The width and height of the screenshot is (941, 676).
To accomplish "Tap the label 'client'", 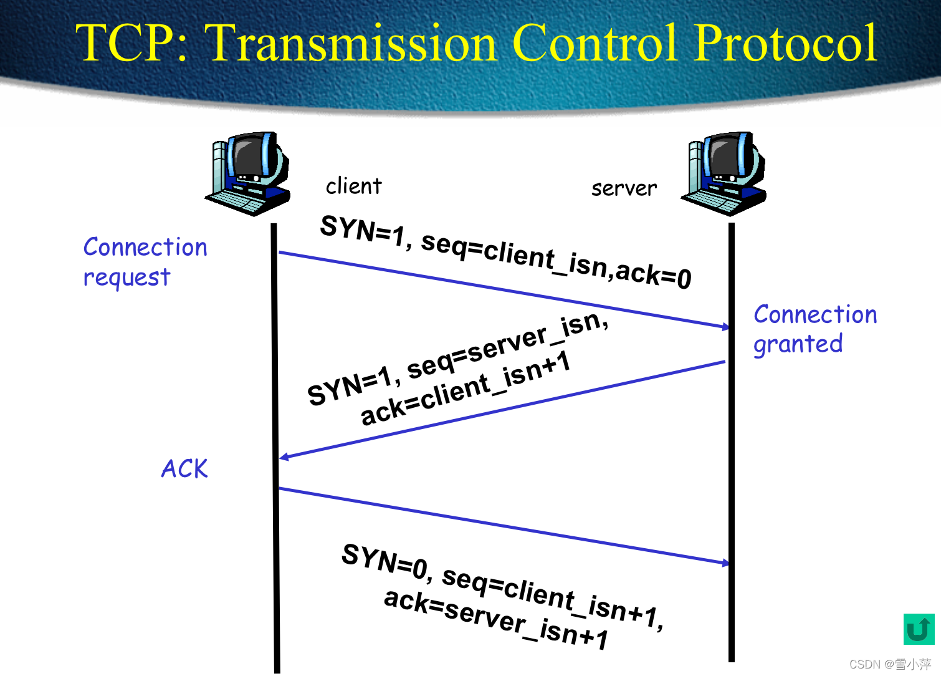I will (353, 186).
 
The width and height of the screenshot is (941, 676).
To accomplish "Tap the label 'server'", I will (624, 188).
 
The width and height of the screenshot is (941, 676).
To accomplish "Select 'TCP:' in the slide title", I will (131, 44).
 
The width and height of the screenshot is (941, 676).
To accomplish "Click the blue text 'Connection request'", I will (145, 262).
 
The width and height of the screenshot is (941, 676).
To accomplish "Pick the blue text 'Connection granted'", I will (814, 329).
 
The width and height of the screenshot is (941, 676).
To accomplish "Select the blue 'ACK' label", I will (184, 469).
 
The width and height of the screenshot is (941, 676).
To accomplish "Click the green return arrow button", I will (919, 629).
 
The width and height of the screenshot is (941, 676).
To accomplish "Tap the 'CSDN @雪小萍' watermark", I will (890, 664).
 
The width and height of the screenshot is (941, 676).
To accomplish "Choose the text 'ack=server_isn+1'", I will (495, 617).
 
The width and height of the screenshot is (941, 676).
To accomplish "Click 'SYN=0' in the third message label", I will (385, 560).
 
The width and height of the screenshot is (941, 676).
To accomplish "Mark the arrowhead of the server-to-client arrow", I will (284, 458).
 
